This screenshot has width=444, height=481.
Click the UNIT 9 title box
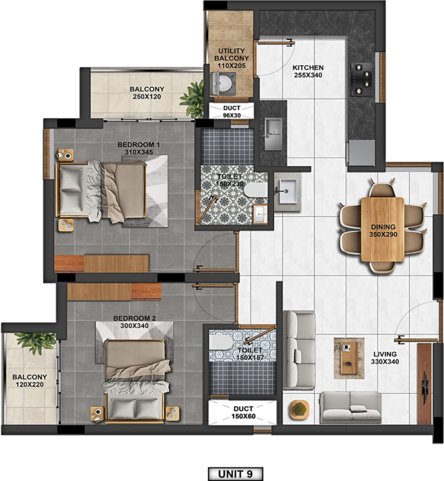(x=235, y=474)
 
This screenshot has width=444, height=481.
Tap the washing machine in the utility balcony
(x=223, y=83)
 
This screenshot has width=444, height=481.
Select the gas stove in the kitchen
(x=362, y=79)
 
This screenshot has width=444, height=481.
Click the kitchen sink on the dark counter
(x=273, y=134)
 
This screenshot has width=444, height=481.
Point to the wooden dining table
(x=382, y=229)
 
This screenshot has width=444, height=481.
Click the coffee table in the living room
(x=349, y=358)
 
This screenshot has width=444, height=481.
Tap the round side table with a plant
(x=299, y=409)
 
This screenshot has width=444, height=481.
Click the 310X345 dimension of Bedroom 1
(x=139, y=152)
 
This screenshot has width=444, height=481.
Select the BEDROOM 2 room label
(x=135, y=318)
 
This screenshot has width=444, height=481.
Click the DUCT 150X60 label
(x=243, y=413)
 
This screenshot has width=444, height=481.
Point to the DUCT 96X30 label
(x=232, y=112)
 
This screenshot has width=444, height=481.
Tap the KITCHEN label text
(x=308, y=68)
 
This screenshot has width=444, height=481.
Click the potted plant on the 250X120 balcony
(x=193, y=99)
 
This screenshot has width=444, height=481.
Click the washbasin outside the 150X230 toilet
(x=288, y=191)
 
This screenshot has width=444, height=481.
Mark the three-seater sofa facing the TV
(x=299, y=350)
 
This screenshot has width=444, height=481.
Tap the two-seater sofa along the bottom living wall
(x=350, y=407)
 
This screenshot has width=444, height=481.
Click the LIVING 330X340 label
(x=385, y=358)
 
